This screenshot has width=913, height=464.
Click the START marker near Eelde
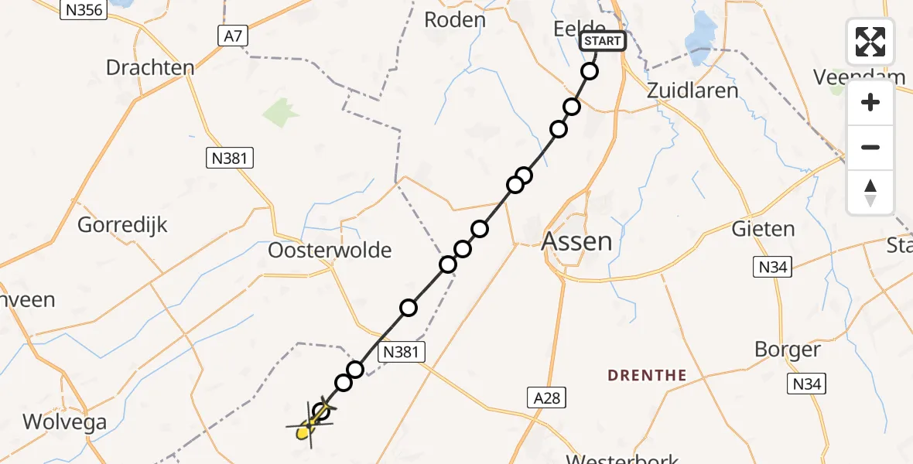tap(603, 41)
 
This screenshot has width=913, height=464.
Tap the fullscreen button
tap(870, 42)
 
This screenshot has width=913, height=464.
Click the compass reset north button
tap(870, 193)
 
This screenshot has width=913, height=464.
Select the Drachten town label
tap(150, 67)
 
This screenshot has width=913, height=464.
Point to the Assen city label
tap(576, 241)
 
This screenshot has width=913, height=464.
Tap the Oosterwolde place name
tap(330, 251)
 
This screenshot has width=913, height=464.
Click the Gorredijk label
tap(123, 225)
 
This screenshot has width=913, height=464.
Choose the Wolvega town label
tap(65, 422)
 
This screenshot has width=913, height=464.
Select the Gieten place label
tap(764, 229)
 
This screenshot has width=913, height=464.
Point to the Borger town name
tap(788, 350)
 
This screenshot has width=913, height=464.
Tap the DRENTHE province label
tap(647, 376)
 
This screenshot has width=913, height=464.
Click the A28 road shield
tap(545, 398)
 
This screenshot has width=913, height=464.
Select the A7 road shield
tap(230, 36)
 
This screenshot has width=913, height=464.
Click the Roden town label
tap(455, 20)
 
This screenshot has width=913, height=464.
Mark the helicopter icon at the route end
tap(311, 424)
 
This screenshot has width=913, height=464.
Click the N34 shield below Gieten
tap(772, 268)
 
